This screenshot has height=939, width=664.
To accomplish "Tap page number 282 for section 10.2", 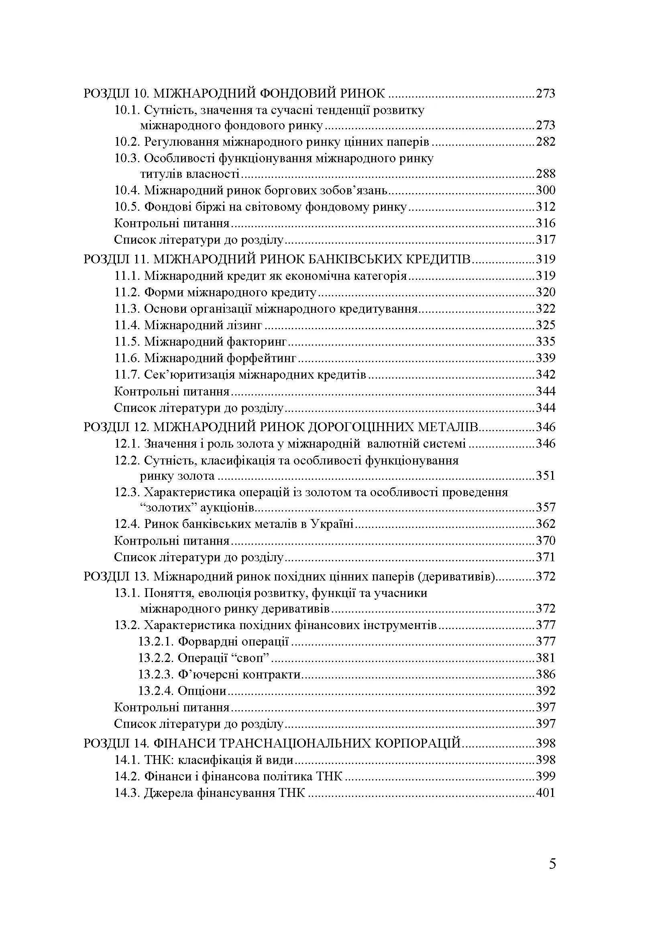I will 546,142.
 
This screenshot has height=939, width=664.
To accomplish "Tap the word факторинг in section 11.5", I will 257,342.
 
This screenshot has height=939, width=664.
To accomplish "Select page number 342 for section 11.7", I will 546,375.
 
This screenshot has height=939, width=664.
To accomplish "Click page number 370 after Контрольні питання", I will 546,541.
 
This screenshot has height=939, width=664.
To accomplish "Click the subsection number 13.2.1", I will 156,641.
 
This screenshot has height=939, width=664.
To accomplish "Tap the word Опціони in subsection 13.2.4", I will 202,691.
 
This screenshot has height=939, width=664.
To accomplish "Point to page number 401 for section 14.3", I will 546,792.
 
